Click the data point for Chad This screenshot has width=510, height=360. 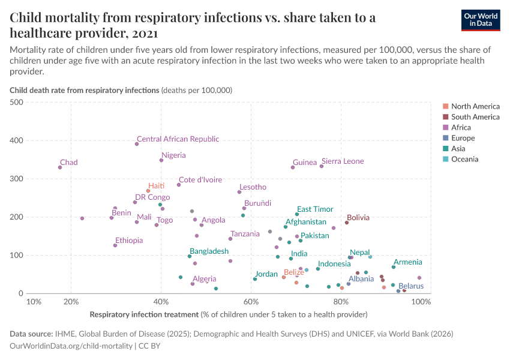coord(60,167)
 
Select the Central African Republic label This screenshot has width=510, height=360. coord(178,139)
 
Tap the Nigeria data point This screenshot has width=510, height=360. coord(161,160)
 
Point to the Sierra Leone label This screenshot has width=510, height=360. coord(343,161)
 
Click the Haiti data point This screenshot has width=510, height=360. coord(148,191)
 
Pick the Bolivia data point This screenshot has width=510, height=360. coord(347,223)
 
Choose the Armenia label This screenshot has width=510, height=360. coord(407,262)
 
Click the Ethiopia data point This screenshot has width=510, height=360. coord(115,245)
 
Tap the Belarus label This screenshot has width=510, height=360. coord(411,286)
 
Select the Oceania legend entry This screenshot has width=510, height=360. coord(465,160)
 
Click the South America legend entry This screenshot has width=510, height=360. coord(475,117)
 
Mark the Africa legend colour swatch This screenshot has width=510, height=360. coord(445,128)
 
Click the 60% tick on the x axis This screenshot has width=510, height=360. coord(251,302)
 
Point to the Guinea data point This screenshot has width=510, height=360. coord(293,167)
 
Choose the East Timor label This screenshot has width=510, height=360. coord(315,209)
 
